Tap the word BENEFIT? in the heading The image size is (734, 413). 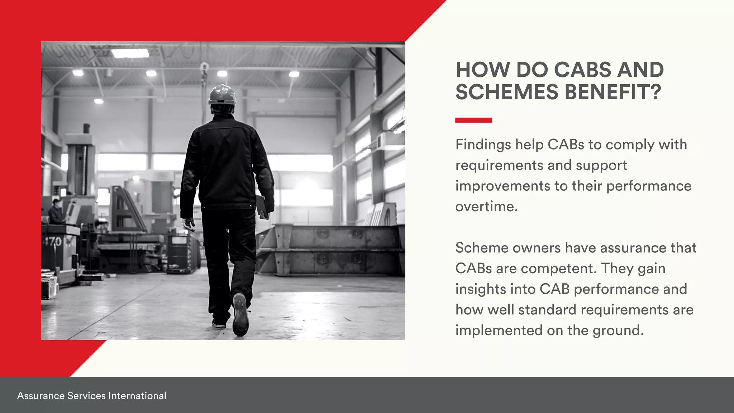click(613, 92)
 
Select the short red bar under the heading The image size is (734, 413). click(473, 120)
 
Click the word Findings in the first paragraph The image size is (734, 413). click(483, 145)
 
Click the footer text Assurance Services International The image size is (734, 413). click(92, 396)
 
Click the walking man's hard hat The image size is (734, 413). click(222, 95)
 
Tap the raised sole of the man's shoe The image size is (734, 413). click(240, 314)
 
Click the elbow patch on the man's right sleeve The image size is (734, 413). click(266, 178)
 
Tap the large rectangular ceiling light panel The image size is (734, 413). click(130, 53)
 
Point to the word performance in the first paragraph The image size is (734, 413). click(649, 186)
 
